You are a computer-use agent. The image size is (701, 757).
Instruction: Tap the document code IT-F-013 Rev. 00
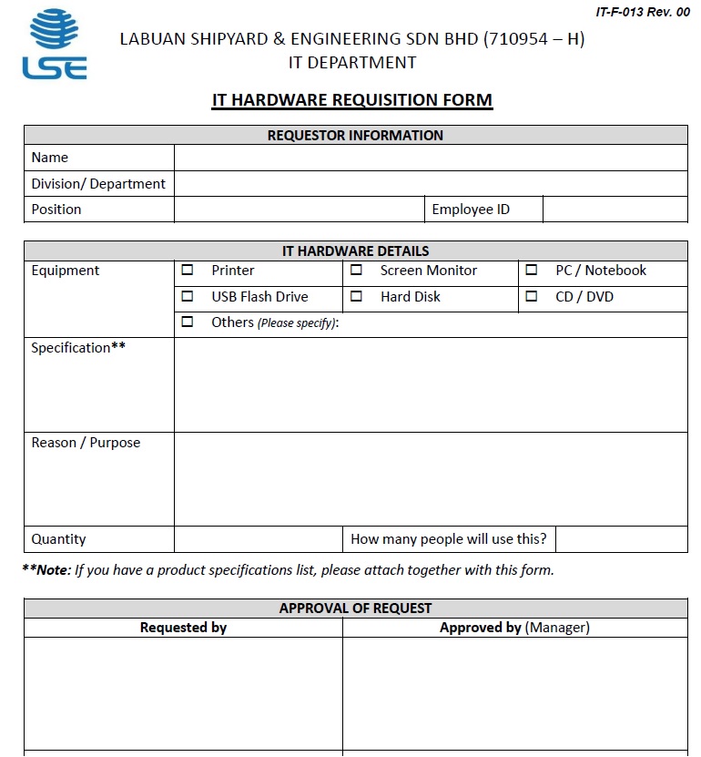(x=643, y=12)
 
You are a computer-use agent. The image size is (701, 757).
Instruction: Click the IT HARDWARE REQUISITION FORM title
(x=352, y=100)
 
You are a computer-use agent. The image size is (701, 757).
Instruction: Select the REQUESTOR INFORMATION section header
(x=355, y=136)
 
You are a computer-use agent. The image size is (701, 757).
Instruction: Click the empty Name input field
(x=430, y=158)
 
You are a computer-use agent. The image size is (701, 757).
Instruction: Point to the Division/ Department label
(x=98, y=184)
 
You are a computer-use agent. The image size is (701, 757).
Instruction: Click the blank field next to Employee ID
(x=615, y=210)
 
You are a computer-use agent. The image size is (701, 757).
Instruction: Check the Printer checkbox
(x=188, y=271)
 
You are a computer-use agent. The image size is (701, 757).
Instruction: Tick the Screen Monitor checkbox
(x=357, y=271)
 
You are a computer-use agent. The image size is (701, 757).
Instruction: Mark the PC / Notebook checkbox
(x=532, y=271)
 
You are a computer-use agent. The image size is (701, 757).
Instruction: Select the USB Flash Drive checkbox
(x=188, y=296)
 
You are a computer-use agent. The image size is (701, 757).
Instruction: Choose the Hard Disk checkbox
(x=357, y=296)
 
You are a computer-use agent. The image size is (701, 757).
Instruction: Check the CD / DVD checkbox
(x=532, y=296)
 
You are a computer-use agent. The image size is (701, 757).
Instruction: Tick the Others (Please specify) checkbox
(x=188, y=322)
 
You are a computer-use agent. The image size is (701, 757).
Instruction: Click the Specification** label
(x=78, y=348)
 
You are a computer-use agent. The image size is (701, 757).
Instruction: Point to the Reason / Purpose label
(x=86, y=443)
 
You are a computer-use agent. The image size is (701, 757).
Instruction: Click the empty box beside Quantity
(x=258, y=539)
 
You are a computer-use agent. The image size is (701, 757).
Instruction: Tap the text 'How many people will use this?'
(x=449, y=539)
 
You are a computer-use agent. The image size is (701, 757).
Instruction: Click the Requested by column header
(x=183, y=628)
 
